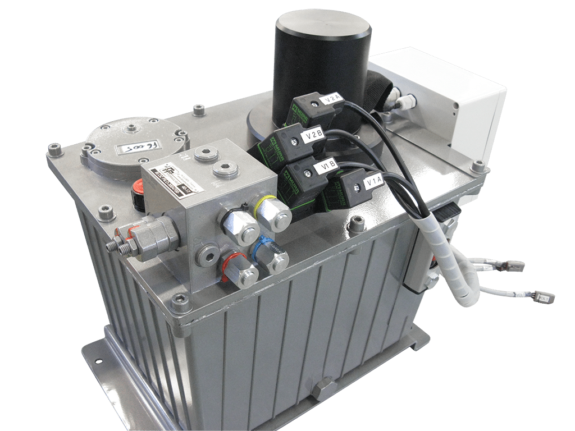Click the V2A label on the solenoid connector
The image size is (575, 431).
point(332,99)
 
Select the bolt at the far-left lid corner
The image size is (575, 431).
point(54,150)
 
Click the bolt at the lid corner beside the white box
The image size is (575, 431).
point(478,166)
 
